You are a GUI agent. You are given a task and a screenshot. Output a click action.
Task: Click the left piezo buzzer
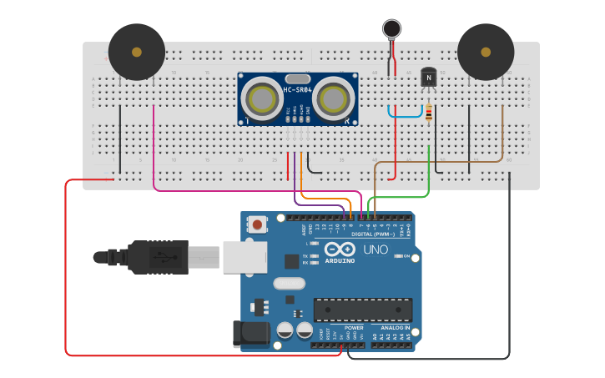click(x=137, y=52)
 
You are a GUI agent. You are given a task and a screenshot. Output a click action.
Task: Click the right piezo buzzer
click(x=486, y=52)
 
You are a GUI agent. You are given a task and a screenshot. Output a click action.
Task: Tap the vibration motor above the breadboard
click(x=391, y=29)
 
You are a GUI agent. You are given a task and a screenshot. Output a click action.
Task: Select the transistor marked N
click(x=428, y=78)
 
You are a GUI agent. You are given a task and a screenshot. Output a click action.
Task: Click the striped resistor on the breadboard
click(x=429, y=113)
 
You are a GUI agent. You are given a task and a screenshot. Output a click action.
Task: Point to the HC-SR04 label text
click(x=298, y=89)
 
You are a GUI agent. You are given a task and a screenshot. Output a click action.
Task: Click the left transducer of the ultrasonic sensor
click(x=264, y=99)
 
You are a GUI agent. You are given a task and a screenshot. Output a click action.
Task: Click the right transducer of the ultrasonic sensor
click(x=334, y=99)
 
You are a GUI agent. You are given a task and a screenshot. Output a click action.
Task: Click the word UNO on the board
click(x=376, y=249)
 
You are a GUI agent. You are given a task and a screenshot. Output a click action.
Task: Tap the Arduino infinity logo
click(x=340, y=249)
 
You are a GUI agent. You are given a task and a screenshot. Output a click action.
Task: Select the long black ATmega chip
click(x=363, y=310)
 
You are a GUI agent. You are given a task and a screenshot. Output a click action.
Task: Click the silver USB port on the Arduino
click(x=245, y=256)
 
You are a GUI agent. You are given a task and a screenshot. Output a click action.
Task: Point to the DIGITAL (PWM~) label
click(x=375, y=234)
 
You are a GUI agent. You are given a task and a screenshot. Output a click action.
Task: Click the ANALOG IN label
click(x=395, y=328)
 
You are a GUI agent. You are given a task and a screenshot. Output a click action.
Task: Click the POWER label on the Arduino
click(x=354, y=328)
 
